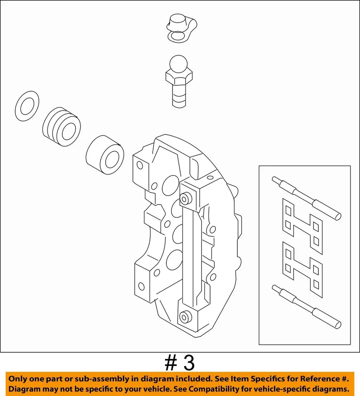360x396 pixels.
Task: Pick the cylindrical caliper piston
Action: click(105, 156)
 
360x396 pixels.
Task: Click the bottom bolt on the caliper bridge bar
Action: click(184, 317)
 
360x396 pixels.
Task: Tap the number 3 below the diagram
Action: click(188, 363)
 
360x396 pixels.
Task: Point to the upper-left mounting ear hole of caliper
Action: click(140, 165)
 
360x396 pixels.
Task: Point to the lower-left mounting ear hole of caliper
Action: click(141, 285)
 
